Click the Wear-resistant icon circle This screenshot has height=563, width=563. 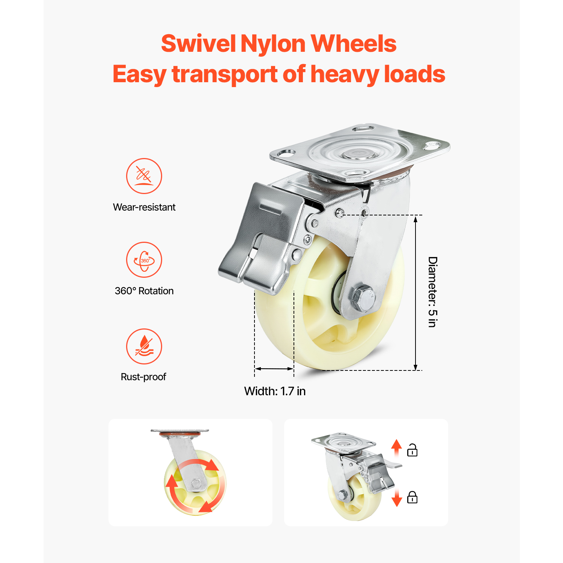144,176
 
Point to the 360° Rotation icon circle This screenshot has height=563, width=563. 144,260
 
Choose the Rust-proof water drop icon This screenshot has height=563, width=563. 144,346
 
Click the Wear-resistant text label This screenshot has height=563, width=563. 144,207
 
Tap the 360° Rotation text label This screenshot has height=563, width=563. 144,291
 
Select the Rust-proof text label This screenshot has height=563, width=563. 143,377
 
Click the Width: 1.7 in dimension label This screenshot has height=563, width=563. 275,391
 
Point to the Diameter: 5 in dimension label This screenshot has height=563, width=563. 433,292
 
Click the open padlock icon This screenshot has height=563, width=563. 412,450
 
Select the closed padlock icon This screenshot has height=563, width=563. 412,497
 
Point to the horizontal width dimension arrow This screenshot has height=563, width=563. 274,369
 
